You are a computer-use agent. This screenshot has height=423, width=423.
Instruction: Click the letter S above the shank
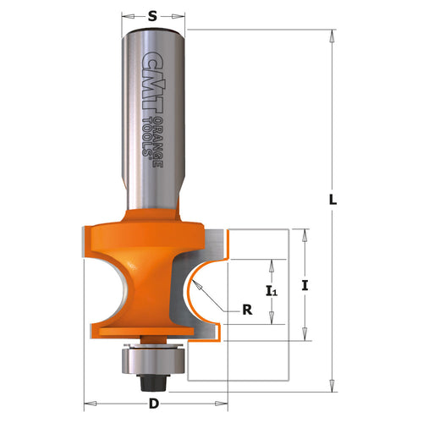[x=153, y=16]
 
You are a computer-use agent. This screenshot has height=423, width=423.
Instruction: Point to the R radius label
[x=247, y=310]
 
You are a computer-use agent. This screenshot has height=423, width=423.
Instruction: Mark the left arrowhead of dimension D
[x=87, y=398]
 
